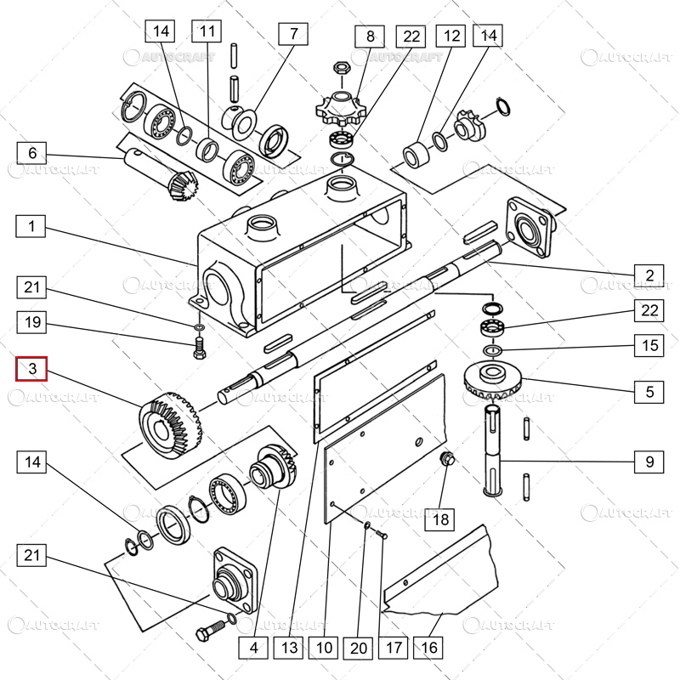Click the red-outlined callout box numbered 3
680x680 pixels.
click(x=32, y=369)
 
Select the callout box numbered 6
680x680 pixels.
click(x=32, y=153)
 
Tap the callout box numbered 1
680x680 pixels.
click(x=32, y=227)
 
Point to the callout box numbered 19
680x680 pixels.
click(x=32, y=322)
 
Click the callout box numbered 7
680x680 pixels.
click(x=294, y=34)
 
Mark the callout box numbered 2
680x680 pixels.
click(x=649, y=275)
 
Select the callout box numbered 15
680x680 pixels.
click(x=649, y=346)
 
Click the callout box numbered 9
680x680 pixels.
click(x=649, y=462)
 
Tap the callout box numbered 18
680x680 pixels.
click(x=441, y=518)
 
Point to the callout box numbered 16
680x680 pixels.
click(x=429, y=648)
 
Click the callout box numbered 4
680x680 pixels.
click(x=252, y=648)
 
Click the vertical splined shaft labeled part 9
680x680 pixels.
click(x=493, y=450)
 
